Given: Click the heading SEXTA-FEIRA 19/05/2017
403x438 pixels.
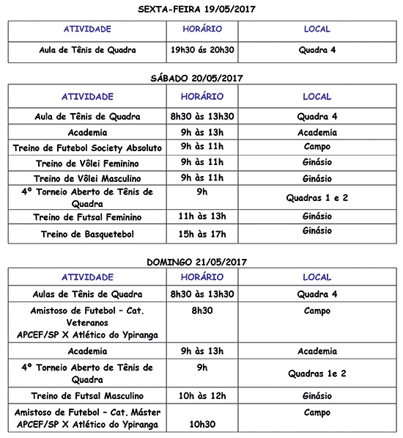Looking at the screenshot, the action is (x=202, y=10).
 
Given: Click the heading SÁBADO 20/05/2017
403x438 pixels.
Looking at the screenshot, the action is (x=202, y=77).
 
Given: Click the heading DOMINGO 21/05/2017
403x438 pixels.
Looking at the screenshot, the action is (x=202, y=262).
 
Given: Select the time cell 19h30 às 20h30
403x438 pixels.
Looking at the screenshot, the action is (x=202, y=51).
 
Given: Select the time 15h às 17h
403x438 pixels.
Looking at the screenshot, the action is (x=202, y=234).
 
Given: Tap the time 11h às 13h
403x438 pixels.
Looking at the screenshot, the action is (x=202, y=217).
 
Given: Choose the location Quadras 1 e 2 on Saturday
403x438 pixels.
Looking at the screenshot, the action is (x=317, y=198).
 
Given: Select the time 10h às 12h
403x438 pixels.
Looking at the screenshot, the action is (x=202, y=395).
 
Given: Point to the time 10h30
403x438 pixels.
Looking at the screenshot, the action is (x=202, y=424).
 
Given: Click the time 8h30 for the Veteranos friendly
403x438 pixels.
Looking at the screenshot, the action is (x=202, y=310).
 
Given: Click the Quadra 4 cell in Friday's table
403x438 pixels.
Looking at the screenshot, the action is (x=317, y=51).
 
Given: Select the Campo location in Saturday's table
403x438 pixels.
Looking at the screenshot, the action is (x=317, y=147).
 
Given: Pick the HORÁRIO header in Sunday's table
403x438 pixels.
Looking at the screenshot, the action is (x=202, y=277).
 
